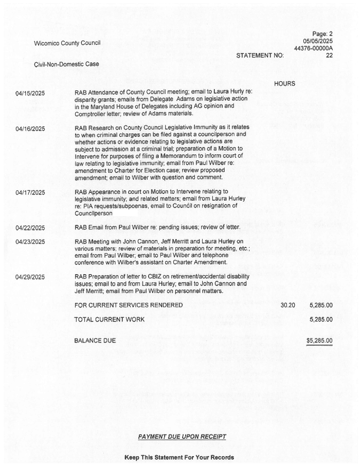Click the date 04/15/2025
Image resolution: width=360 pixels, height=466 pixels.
30,93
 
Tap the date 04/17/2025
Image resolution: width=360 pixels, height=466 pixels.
30,193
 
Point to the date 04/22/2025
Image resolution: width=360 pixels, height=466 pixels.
30,228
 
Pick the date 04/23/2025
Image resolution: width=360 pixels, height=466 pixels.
30,241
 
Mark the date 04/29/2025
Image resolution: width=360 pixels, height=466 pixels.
30,277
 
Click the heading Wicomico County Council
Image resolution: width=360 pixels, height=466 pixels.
67,43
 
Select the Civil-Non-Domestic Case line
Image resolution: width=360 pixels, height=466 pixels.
66,64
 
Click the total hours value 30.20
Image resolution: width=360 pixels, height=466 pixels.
287,306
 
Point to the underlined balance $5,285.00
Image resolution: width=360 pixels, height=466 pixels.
319,340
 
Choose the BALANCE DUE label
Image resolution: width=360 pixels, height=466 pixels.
95,340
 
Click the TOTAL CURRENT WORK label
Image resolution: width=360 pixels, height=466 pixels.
110,319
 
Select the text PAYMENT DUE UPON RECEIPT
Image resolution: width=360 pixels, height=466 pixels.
182,437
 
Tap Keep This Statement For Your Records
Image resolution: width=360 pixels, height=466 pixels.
179,457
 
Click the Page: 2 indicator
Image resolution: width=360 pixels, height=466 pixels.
323,33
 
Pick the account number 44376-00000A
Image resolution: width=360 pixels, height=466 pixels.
313,48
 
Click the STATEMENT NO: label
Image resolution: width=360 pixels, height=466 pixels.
260,56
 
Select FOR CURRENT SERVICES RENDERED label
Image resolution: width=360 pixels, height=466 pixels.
129,306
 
